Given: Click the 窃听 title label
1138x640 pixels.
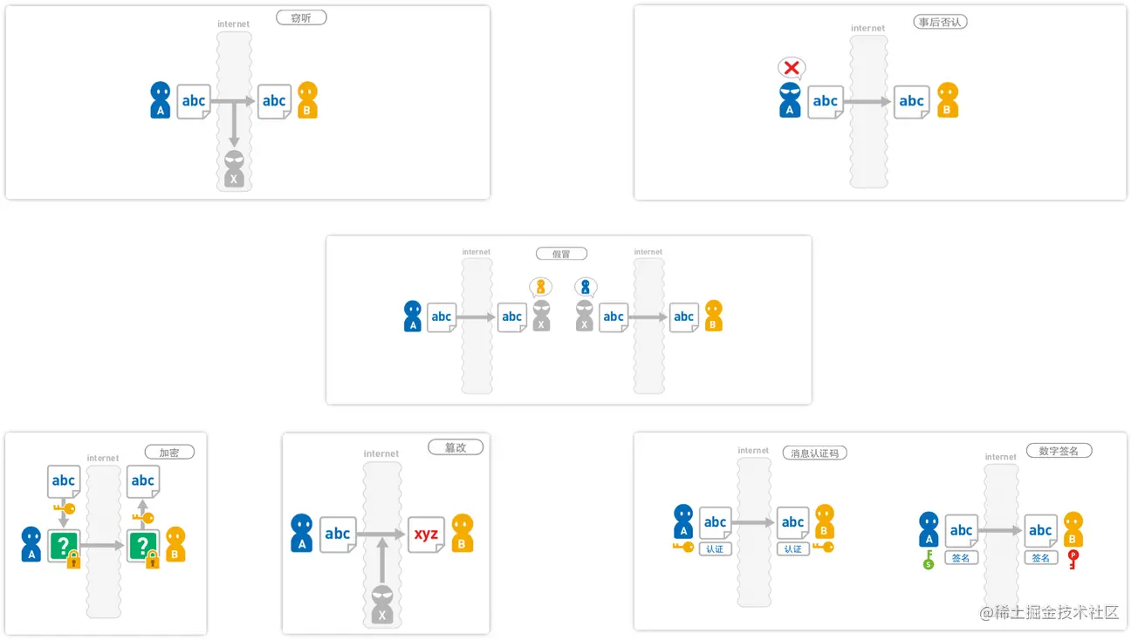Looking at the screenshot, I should (301, 17).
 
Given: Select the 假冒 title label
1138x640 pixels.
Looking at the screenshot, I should (561, 254).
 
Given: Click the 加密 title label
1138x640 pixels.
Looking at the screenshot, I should (169, 453).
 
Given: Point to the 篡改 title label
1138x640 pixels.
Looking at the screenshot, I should (456, 447).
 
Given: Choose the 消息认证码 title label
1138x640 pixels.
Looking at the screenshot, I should (818, 453).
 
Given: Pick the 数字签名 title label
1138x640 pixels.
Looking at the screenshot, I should (1059, 451).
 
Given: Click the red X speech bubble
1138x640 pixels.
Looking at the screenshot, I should (792, 68).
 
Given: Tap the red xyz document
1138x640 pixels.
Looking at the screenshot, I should (427, 534).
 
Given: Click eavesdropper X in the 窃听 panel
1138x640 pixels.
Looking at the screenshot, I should (234, 169).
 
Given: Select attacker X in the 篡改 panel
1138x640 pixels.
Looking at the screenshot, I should (381, 604).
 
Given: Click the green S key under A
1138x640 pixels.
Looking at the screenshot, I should (929, 559).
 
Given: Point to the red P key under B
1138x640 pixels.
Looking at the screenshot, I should (1073, 559).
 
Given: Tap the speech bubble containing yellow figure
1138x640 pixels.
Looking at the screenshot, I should (541, 286).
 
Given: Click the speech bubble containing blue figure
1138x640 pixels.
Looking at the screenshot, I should (586, 286).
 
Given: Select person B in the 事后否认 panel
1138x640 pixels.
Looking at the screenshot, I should (948, 100).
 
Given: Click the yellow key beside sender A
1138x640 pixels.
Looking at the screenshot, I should (682, 548).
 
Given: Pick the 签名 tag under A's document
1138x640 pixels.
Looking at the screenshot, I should (961, 558).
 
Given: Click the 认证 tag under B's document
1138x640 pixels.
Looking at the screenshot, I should (792, 549).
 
